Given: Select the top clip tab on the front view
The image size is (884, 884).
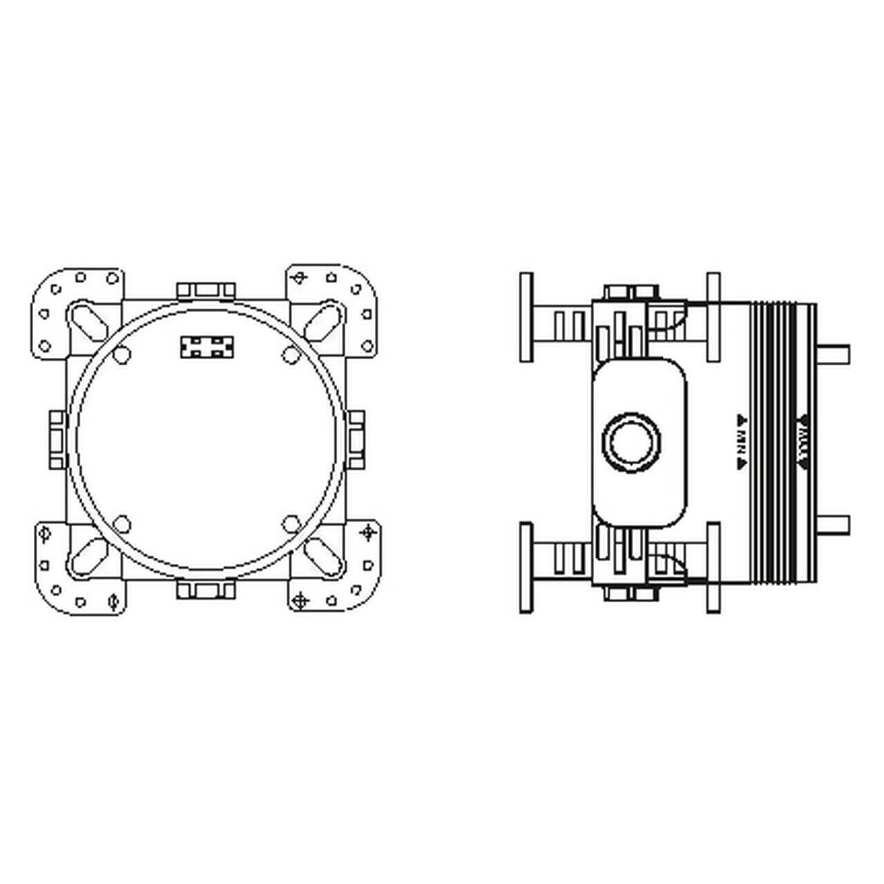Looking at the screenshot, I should click(x=206, y=290).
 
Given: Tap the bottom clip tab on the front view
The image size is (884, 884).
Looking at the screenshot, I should click(x=206, y=590).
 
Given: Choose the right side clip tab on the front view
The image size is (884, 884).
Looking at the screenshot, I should click(x=356, y=440).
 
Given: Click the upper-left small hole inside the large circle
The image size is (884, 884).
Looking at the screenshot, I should click(x=123, y=354).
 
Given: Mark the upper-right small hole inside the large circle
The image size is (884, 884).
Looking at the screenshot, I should click(x=290, y=354).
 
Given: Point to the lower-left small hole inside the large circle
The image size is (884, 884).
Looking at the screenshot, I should click(x=123, y=523).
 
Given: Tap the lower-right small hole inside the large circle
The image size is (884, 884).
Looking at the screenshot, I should click(x=290, y=523).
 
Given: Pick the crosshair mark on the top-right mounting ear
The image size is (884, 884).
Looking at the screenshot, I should click(x=299, y=278).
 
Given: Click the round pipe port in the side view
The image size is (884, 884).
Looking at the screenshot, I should click(x=632, y=442).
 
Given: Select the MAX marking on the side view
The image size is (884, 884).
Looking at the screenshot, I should click(x=803, y=442).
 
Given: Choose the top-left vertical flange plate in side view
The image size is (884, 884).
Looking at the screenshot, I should click(x=526, y=317).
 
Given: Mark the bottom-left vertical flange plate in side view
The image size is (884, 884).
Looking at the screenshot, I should click(x=526, y=568).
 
